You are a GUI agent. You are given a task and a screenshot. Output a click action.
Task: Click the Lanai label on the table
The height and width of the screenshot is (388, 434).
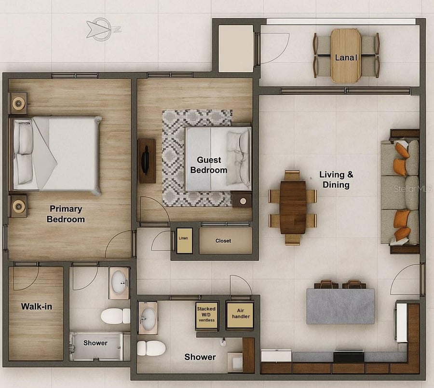(346, 57)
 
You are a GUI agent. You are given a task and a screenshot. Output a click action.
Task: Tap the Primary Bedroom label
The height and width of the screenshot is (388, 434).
(66, 214)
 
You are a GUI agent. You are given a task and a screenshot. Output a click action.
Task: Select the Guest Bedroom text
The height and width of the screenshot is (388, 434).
(209, 165)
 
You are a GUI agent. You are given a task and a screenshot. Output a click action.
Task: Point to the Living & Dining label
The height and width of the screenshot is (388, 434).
(336, 180)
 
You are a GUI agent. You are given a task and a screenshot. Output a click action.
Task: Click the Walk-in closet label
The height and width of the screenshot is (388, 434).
(37, 306)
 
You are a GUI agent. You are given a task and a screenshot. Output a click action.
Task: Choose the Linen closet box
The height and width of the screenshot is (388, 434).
(184, 241)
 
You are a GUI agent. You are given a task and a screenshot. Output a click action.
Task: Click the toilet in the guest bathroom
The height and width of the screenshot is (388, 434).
(151, 348)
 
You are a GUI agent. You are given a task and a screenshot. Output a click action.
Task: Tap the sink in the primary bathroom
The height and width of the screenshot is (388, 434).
(119, 283)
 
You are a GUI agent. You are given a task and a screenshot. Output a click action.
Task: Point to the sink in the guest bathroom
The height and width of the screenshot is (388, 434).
(148, 318)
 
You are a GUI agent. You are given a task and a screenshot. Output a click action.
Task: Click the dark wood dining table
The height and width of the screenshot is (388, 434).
(293, 208)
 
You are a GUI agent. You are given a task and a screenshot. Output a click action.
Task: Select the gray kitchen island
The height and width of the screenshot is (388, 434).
(340, 306)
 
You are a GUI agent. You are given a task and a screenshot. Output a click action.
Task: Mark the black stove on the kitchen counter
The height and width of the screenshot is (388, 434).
(349, 355)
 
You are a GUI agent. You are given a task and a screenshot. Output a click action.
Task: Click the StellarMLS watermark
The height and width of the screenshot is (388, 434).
(412, 189)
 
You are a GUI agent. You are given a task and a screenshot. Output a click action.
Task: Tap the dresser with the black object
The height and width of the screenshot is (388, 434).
(147, 161)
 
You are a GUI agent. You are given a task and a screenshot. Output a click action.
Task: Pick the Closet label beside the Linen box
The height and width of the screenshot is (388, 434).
(223, 241)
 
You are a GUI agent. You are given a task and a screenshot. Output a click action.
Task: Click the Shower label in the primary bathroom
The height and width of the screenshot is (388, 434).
(95, 343)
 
